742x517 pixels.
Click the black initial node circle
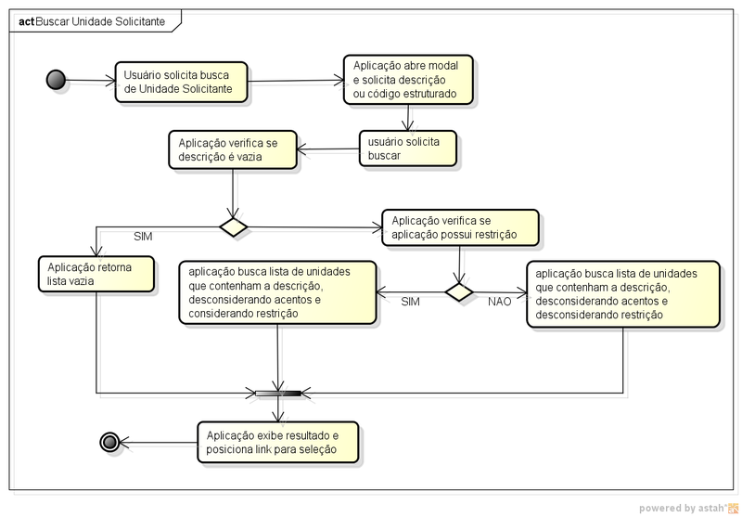coord(55,81)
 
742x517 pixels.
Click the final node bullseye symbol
coord(109,442)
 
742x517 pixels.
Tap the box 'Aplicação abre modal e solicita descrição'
coord(409,81)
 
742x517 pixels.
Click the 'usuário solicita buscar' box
coord(409,148)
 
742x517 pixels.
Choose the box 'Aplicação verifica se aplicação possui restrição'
coord(460,228)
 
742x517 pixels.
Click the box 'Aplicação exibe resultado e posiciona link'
coord(277,442)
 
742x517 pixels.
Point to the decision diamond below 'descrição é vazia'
coord(232,226)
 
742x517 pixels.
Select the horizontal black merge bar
coord(277,393)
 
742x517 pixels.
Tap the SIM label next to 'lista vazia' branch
coord(144,237)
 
